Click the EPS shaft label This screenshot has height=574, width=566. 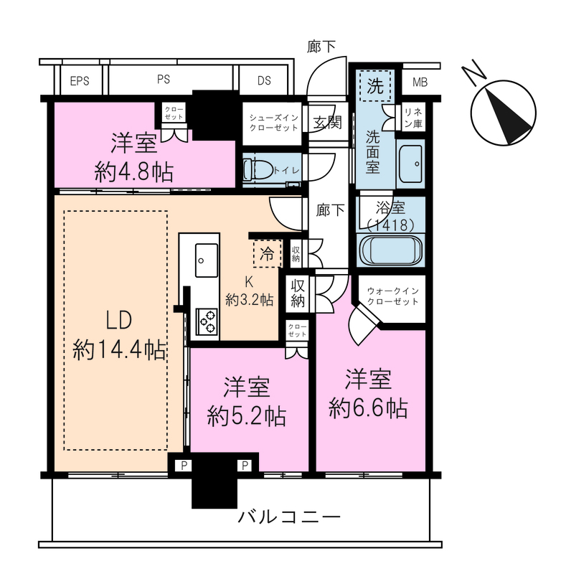80,80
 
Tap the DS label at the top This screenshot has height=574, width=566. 264,80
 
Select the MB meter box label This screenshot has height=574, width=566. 420,82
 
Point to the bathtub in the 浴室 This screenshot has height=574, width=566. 391,250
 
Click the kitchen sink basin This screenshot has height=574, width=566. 207,260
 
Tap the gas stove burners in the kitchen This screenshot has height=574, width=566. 207,321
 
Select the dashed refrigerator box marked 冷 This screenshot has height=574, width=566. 268,253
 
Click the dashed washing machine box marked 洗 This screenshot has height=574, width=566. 375,86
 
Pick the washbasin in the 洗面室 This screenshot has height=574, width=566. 410,164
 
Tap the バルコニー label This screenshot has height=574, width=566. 289,517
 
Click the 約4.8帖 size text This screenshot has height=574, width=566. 134,172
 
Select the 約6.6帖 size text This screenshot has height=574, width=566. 368,408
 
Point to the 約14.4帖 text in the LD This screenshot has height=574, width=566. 119,350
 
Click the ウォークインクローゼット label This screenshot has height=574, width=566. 393,296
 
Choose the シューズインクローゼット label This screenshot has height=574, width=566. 273,123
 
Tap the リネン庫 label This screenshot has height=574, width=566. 414,118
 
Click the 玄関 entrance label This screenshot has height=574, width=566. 328,122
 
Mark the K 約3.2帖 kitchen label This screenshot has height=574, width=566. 250,291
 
